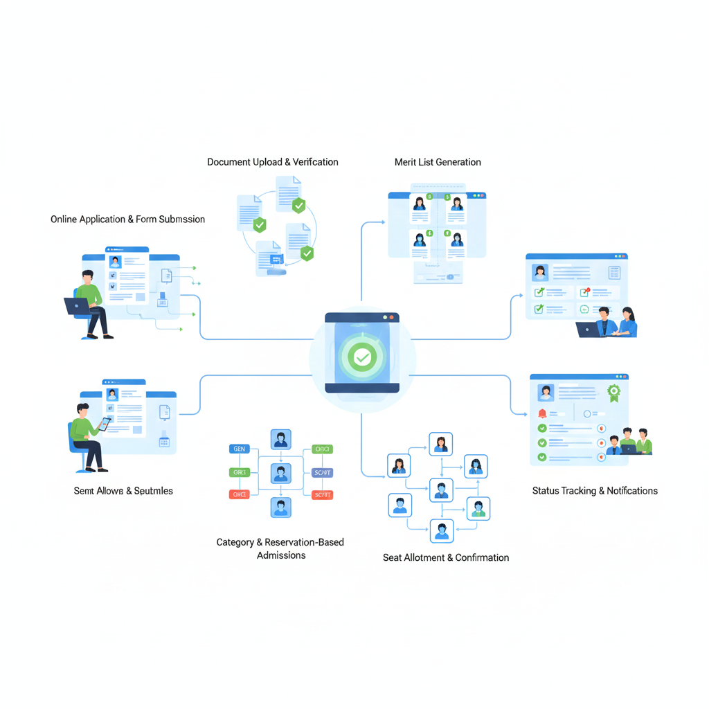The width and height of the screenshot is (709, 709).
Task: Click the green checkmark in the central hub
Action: coord(361,357)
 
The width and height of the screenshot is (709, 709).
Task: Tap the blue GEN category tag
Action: coord(239,449)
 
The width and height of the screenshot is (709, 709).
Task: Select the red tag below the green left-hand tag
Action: coord(239,494)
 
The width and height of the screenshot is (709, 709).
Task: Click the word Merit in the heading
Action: coord(406,162)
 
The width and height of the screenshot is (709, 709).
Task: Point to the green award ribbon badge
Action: coord(613,393)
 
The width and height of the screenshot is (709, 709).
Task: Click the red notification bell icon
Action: coord(542,413)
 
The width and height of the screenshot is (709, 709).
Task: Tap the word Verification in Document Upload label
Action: coord(315,162)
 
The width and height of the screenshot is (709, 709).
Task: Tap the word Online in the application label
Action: coord(64,219)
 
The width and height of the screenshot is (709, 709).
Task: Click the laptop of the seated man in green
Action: coord(77,306)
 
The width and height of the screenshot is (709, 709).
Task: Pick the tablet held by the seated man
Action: coord(104,423)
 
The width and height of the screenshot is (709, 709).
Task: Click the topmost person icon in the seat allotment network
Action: coord(440,444)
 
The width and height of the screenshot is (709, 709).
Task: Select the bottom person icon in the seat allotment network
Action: coord(441,530)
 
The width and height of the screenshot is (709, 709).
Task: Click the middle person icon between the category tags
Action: coord(280,474)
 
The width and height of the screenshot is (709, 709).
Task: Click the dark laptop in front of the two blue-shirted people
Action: coord(588,330)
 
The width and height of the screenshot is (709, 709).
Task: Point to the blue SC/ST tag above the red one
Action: coord(323,473)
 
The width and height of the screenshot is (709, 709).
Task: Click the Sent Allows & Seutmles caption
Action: coord(123,491)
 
